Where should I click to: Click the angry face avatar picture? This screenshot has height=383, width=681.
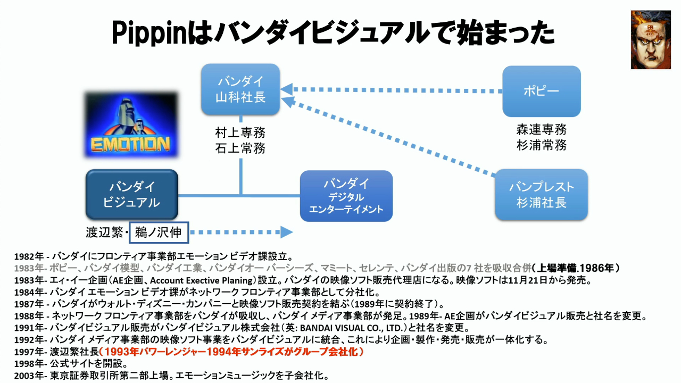pyautogui.click(x=651, y=40)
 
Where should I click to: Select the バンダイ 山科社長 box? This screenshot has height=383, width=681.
pyautogui.click(x=240, y=89)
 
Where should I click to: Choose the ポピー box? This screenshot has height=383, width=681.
pyautogui.click(x=541, y=91)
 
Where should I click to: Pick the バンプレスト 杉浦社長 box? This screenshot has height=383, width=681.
pyautogui.click(x=541, y=195)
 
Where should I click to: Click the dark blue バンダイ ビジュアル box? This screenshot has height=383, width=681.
pyautogui.click(x=131, y=194)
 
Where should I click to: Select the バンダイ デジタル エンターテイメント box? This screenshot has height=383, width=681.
pyautogui.click(x=346, y=196)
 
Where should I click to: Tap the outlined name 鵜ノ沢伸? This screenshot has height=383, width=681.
pyautogui.click(x=159, y=232)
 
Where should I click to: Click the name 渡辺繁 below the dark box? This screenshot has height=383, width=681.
pyautogui.click(x=105, y=232)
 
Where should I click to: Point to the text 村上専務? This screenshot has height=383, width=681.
pyautogui.click(x=240, y=133)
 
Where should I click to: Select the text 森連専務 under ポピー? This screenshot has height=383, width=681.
pyautogui.click(x=541, y=130)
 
